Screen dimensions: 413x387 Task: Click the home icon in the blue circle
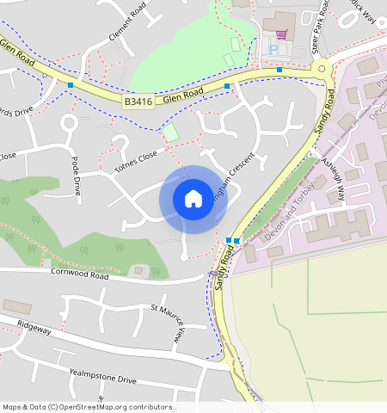[x=193, y=199]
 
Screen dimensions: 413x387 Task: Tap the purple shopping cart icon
[x=281, y=34]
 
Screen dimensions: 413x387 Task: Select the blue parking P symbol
[x=274, y=50]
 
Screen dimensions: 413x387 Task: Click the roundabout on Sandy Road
[x=322, y=69]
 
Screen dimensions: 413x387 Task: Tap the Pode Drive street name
[x=75, y=176]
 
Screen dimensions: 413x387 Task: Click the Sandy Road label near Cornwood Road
[x=226, y=266]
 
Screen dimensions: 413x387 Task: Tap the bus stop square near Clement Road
[x=71, y=84]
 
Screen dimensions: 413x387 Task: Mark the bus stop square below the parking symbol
[x=279, y=69]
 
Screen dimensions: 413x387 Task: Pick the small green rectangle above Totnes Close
[x=171, y=133]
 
